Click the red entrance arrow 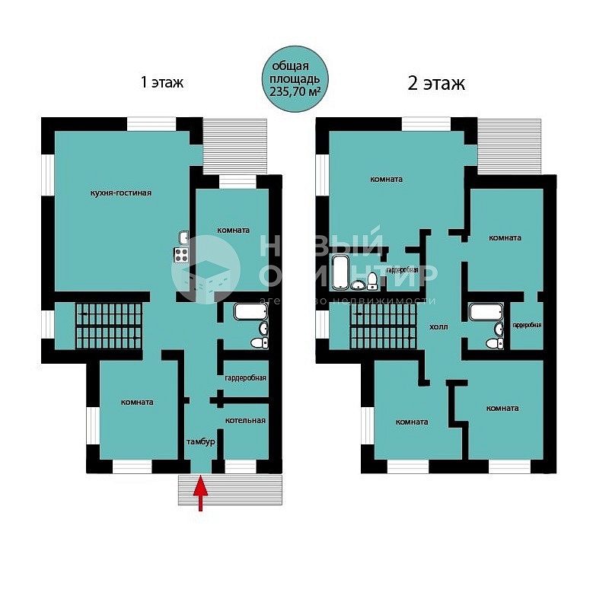click(200, 493)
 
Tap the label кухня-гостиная click(121, 193)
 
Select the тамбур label click(201, 442)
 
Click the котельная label click(245, 421)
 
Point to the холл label click(438, 327)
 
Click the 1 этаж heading click(161, 82)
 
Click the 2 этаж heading click(435, 84)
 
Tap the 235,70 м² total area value click(295, 91)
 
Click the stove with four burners click(181, 255)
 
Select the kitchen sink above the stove click(183, 237)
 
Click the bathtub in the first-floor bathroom click(250, 311)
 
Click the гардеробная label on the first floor click(245, 377)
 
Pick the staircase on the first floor click(109, 326)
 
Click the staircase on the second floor click(383, 326)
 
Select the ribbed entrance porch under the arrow click(230, 489)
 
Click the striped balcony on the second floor click(509, 146)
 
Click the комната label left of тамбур click(137, 403)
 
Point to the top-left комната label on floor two click(387, 180)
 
